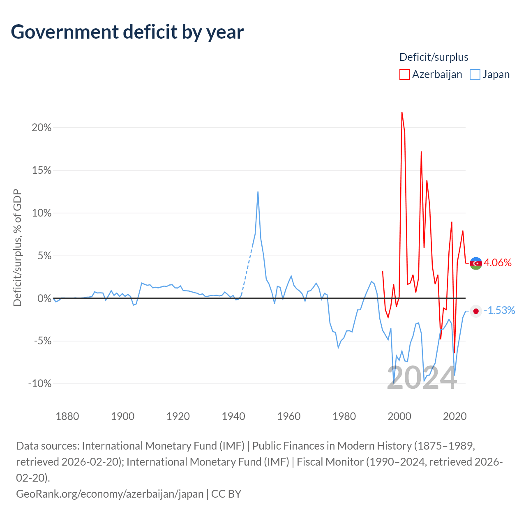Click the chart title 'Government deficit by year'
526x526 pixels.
click(x=127, y=32)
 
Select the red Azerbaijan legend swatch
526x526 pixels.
click(x=404, y=74)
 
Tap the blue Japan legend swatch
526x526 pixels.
click(x=475, y=74)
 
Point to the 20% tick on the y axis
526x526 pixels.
click(x=42, y=127)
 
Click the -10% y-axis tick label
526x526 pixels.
click(x=40, y=383)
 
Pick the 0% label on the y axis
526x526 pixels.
click(x=44, y=298)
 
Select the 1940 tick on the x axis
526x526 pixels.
click(x=233, y=416)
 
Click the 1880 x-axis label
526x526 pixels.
click(x=67, y=416)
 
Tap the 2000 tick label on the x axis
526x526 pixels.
click(x=399, y=416)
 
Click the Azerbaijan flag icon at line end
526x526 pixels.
click(x=476, y=263)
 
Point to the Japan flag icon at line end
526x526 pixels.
click(x=476, y=311)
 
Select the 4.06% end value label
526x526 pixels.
click(x=498, y=263)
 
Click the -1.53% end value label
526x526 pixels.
click(x=499, y=310)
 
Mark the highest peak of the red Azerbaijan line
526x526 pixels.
click(x=402, y=113)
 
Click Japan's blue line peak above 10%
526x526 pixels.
click(x=258, y=191)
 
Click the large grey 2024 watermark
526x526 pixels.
click(x=422, y=378)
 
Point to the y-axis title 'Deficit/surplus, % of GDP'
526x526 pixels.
click(x=18, y=247)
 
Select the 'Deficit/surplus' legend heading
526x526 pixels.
click(x=434, y=57)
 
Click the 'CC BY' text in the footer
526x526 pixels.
click(x=226, y=494)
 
